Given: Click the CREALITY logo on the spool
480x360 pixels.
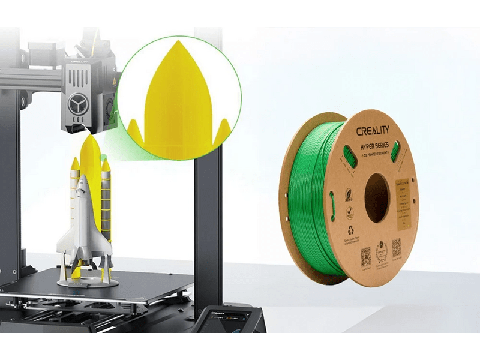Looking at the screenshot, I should pos(373,131).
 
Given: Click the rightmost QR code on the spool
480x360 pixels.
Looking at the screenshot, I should pos(397,247).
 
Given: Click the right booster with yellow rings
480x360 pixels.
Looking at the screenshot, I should pos(106,198).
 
